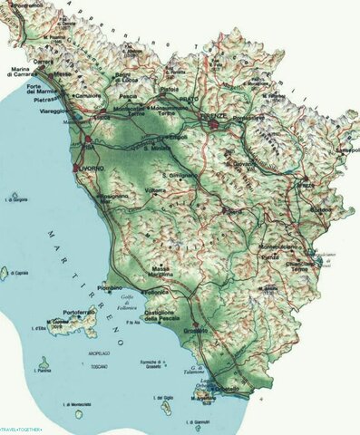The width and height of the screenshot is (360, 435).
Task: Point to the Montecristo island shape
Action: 79,413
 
